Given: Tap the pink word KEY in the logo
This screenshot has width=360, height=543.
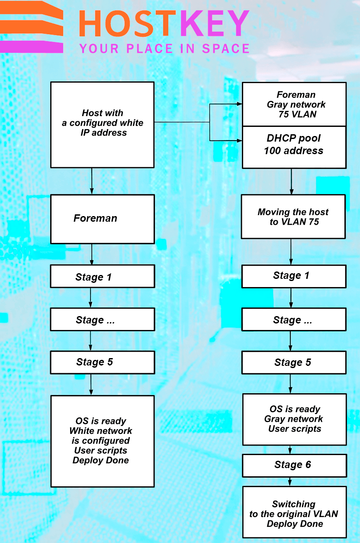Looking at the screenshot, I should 215,24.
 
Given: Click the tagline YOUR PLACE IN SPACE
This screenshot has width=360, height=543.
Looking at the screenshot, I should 164,48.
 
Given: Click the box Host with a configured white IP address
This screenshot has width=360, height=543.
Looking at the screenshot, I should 103,124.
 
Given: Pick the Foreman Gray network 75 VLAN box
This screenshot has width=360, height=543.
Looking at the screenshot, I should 294,104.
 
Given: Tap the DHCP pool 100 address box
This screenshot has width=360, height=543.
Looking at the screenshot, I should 294,147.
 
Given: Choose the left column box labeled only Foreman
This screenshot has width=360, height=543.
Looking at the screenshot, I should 103,219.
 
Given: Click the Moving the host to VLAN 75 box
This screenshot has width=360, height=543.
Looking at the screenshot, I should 293,217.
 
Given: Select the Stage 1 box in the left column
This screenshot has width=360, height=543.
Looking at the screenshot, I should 103,277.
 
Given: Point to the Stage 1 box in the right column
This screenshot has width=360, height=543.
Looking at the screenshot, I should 294,276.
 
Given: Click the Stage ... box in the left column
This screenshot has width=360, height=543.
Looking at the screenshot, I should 103,320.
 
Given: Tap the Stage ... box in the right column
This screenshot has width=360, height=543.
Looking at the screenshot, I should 294,320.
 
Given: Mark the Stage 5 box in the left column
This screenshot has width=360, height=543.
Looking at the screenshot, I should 103,362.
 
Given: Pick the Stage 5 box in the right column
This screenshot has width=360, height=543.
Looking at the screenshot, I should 294,362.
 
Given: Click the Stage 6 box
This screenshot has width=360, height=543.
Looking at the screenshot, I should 294,465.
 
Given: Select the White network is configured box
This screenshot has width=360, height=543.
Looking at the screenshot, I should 103,441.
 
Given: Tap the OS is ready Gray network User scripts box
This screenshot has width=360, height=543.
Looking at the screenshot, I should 294,419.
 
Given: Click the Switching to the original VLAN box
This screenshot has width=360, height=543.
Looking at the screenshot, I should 294,514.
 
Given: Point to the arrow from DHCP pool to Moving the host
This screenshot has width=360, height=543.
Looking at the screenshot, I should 291,181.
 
